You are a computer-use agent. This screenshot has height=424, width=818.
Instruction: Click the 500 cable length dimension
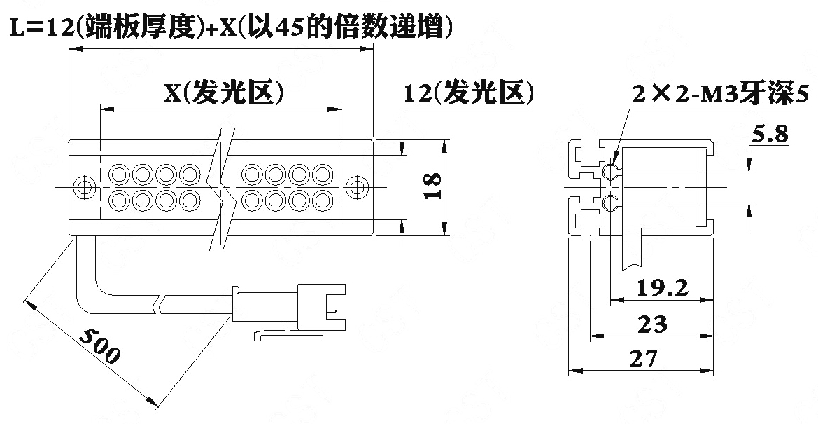[x=100, y=346]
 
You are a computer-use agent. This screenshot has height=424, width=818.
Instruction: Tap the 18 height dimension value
[x=432, y=186]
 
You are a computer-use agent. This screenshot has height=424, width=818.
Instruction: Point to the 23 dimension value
[x=652, y=324]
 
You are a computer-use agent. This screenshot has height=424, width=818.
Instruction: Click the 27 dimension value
[x=644, y=359]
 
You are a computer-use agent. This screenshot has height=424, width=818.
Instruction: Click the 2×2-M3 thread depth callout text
[x=721, y=94]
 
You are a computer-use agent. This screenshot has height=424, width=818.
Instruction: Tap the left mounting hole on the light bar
[x=83, y=186]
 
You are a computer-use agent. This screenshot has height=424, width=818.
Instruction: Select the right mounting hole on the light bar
[x=358, y=186]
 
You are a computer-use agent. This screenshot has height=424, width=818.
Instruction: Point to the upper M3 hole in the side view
[x=610, y=171]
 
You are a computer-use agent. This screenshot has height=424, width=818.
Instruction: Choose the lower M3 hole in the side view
[x=610, y=203]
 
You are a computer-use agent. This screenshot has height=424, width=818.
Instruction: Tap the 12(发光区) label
[x=468, y=93]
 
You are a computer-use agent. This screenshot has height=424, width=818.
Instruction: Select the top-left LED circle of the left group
[x=118, y=174]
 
